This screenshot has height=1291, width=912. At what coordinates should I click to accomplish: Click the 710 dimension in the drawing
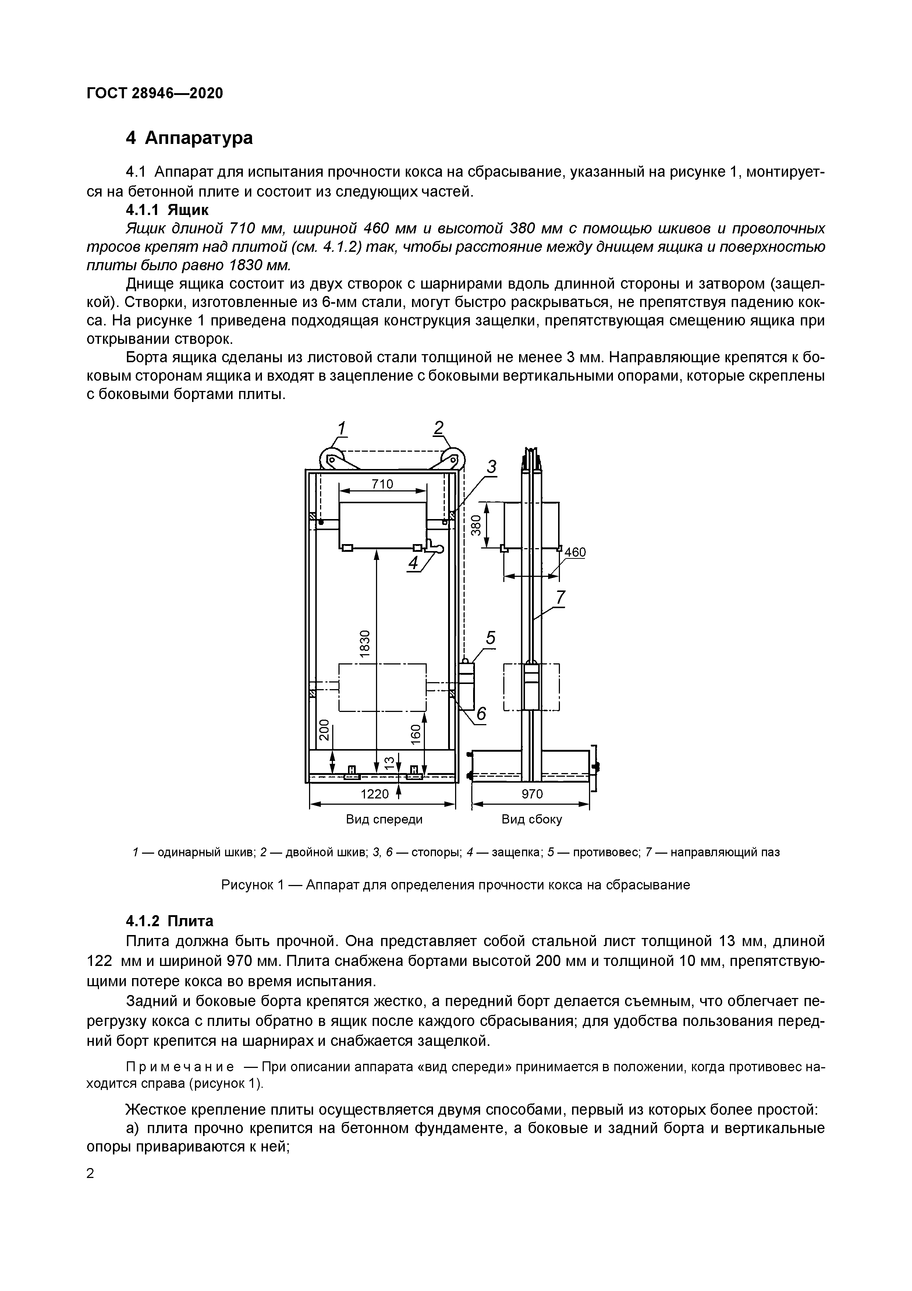coord(382,484)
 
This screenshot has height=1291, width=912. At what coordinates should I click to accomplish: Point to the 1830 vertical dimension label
coord(365,643)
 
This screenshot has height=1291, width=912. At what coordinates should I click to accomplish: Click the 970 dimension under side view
coord(532,794)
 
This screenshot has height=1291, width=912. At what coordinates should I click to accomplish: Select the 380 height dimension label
coord(476,525)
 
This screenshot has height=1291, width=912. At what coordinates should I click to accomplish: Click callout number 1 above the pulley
coord(342,428)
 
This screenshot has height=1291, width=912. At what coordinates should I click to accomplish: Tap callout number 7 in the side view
coord(560,597)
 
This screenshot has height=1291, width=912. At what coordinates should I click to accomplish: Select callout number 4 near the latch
coord(414,563)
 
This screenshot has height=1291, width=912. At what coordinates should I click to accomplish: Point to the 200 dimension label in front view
coord(323,730)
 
